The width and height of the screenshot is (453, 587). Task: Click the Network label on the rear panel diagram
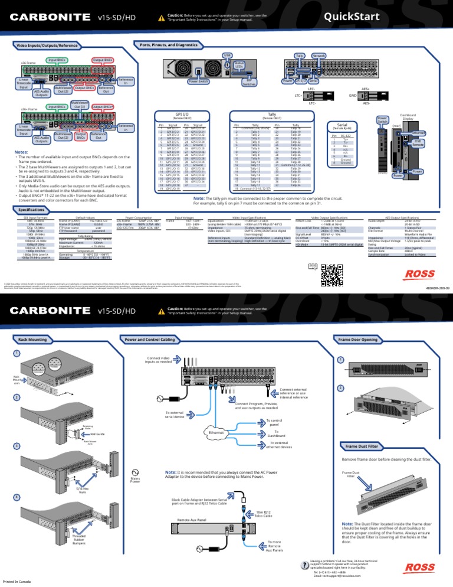pyautogui.click(x=319, y=55)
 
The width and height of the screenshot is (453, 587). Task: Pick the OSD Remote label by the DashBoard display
pyautogui.click(x=418, y=143)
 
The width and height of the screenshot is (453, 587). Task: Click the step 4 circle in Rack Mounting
pyautogui.click(x=18, y=497)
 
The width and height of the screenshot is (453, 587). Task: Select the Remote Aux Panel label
pyautogui.click(x=192, y=519)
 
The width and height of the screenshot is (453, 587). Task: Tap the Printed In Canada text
pyautogui.click(x=17, y=582)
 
